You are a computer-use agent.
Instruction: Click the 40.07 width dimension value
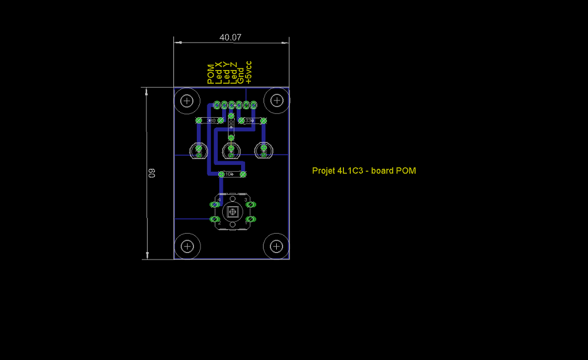tap(230, 37)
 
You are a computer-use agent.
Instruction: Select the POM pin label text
tap(211, 74)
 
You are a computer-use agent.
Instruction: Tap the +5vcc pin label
tap(249, 72)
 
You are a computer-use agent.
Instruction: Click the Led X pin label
tap(219, 73)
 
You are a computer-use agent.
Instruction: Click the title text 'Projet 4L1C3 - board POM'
tap(363, 171)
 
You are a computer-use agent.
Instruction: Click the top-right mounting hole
tap(277, 101)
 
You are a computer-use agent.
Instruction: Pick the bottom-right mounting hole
tap(277, 246)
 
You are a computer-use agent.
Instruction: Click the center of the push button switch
tap(232, 212)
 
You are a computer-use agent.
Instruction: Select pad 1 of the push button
tap(250, 220)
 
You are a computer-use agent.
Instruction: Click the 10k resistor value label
tap(230, 174)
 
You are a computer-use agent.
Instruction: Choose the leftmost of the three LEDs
tap(199, 151)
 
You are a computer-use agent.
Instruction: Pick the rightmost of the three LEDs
tap(264, 151)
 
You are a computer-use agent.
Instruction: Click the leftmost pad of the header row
tap(217, 105)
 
